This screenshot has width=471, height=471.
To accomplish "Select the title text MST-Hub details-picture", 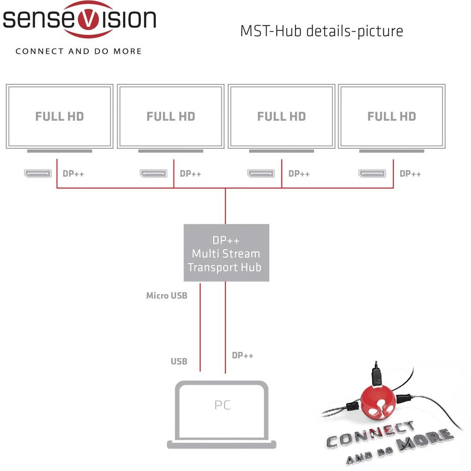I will click(321, 31).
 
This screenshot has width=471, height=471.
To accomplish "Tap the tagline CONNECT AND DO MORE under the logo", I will click(78, 51).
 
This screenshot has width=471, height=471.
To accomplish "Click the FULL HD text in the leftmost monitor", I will click(59, 116).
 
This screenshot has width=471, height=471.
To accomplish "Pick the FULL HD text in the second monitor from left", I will click(171, 116).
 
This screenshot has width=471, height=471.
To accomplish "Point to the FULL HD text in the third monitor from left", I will click(281, 116).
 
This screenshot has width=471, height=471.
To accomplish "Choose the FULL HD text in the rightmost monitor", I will click(392, 116).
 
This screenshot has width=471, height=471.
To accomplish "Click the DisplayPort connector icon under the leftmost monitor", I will click(38, 173).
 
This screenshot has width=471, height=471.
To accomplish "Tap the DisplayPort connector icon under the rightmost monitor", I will click(372, 173).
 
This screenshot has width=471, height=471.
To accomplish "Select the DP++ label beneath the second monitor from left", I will click(190, 174).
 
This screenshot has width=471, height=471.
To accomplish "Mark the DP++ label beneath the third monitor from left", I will click(299, 174).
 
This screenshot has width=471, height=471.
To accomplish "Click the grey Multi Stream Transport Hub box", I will click(226, 253).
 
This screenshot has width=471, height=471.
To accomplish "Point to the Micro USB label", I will click(166, 296).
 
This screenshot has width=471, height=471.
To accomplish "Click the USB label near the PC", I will click(179, 362).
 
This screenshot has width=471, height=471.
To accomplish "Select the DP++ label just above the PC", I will click(243, 355).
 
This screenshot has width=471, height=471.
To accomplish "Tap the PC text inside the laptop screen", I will click(222, 405).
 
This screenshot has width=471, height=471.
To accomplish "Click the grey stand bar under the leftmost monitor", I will click(59, 151).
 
